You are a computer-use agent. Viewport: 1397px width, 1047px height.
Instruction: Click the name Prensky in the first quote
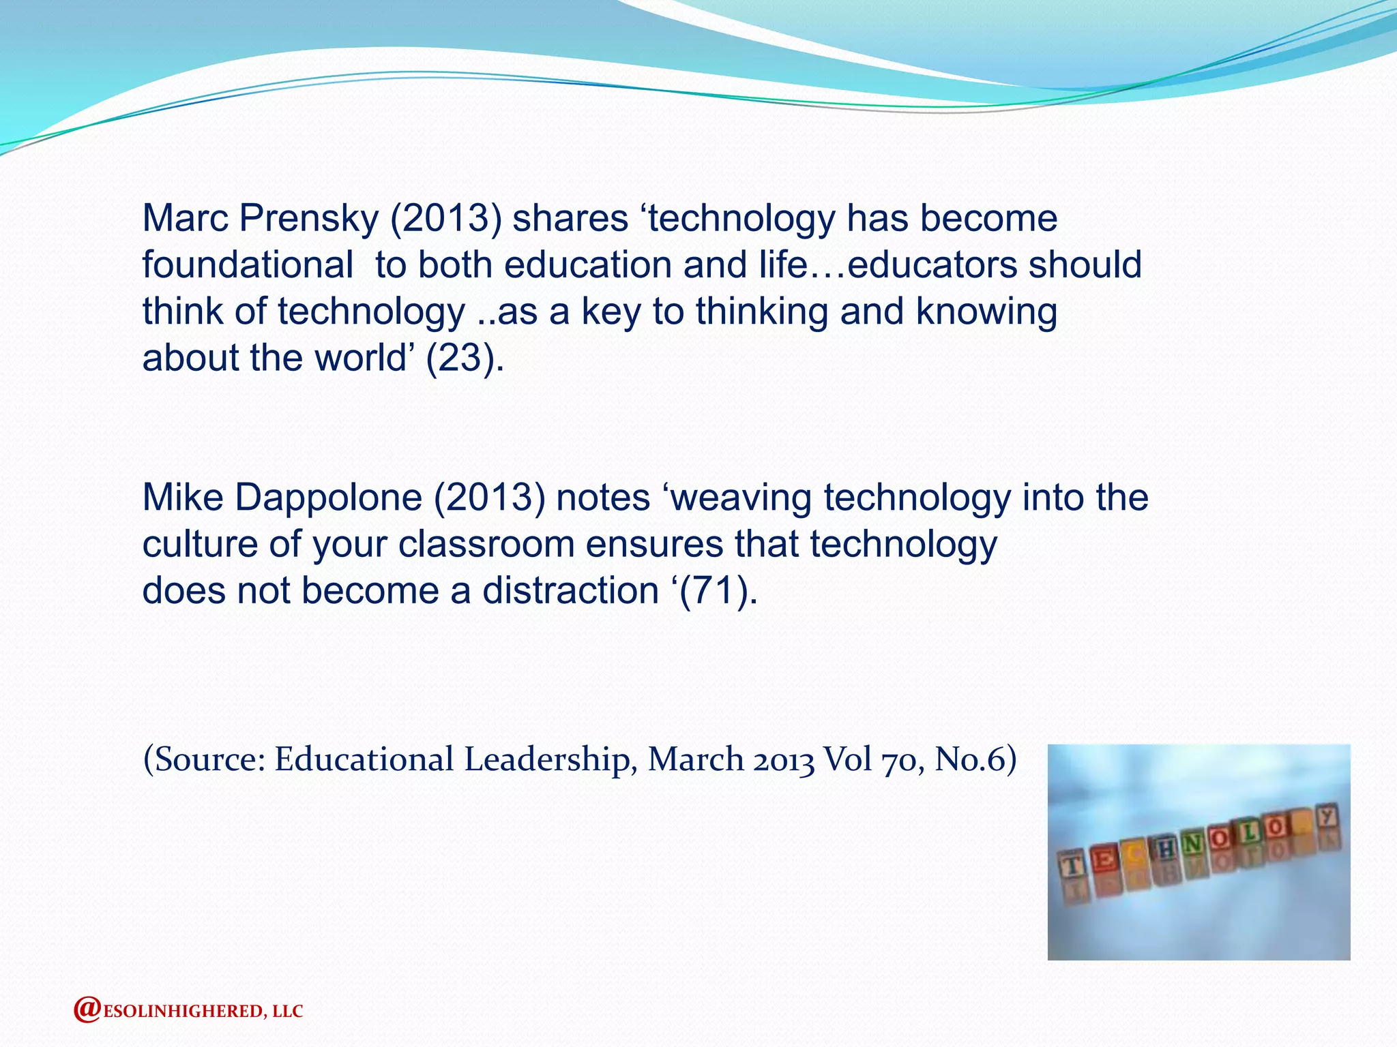(x=308, y=219)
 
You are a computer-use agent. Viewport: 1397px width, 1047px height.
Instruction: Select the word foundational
(x=248, y=264)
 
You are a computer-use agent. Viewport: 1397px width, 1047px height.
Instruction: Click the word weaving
(x=742, y=497)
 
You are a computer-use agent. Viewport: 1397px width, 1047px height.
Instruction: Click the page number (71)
(x=714, y=590)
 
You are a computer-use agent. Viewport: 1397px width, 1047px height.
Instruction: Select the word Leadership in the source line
(x=547, y=759)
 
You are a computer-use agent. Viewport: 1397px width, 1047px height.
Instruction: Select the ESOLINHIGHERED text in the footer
(x=181, y=1012)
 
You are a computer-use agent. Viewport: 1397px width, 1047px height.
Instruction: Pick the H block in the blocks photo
(x=1166, y=849)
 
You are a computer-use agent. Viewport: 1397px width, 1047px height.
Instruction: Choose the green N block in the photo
(x=1192, y=844)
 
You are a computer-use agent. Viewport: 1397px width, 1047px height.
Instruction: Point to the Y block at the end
(x=1326, y=817)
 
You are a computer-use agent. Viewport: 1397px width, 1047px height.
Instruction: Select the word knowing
(x=986, y=311)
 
